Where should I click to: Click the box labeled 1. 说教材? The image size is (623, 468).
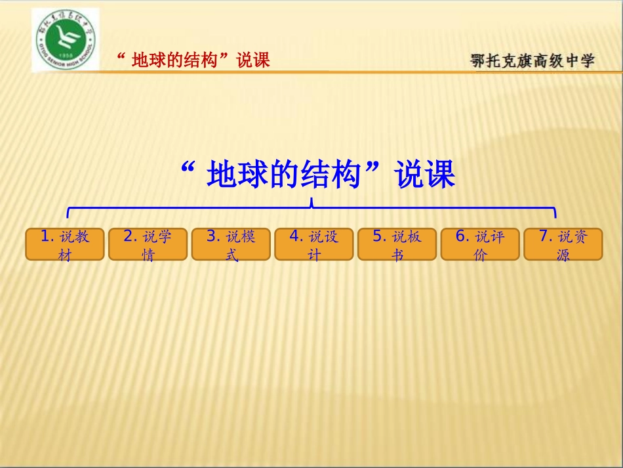tap(65, 244)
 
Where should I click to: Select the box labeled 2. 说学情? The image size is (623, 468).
tap(148, 244)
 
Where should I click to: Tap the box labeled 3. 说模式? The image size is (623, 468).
tap(231, 244)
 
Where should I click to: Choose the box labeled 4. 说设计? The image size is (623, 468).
tap(314, 244)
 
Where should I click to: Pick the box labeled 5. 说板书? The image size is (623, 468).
tap(397, 244)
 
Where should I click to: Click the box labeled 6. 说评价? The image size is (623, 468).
tap(480, 244)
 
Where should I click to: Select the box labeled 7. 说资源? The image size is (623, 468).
tap(563, 244)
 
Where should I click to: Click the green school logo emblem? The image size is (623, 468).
tap(65, 39)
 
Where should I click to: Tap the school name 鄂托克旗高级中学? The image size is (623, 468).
tap(533, 61)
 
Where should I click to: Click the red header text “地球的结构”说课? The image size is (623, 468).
tap(193, 60)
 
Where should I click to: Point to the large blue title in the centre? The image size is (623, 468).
tap(317, 175)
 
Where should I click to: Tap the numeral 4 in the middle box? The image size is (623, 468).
tap(294, 236)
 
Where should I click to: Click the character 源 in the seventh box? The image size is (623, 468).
tap(563, 255)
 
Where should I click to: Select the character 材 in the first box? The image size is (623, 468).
tap(65, 255)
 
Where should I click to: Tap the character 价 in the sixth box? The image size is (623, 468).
tap(480, 255)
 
